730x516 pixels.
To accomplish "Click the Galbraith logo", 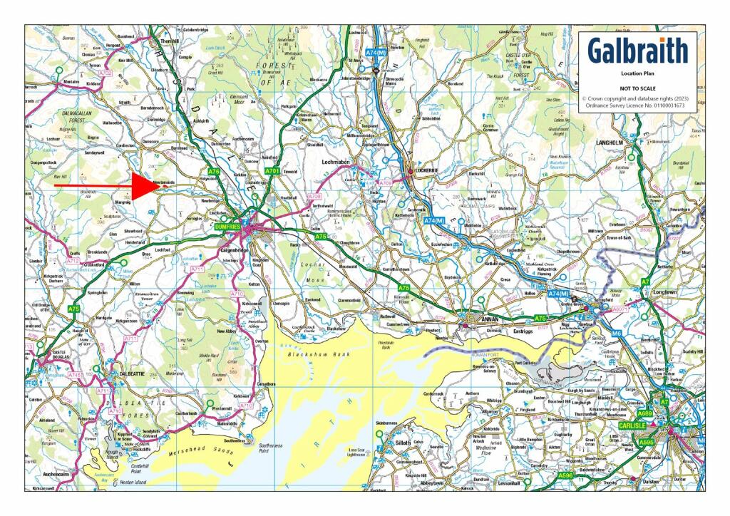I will [x=638, y=51].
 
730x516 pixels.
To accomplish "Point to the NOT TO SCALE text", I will [x=638, y=86].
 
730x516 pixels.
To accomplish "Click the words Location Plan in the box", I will [x=638, y=73].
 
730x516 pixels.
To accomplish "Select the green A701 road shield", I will [x=272, y=172].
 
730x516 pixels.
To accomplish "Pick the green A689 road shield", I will [x=645, y=413].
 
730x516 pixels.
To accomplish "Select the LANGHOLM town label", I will [x=610, y=143].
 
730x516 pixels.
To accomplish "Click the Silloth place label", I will [x=401, y=443].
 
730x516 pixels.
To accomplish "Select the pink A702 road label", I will [x=106, y=73].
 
